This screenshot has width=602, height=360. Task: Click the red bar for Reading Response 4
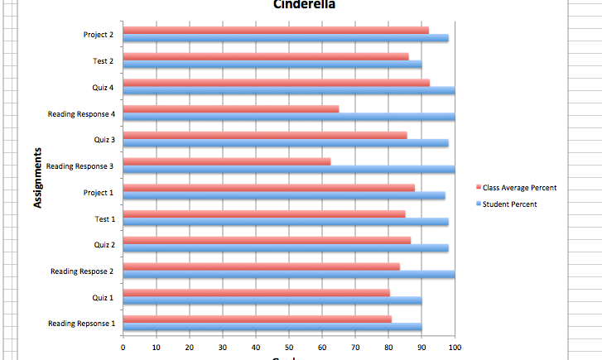click(x=230, y=108)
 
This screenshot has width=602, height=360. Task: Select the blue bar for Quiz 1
click(x=272, y=300)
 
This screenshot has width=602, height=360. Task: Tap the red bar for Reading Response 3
click(x=226, y=161)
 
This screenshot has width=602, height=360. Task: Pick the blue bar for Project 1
click(x=283, y=195)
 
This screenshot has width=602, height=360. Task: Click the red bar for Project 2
click(x=275, y=30)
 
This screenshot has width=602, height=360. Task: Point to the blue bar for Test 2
click(x=272, y=65)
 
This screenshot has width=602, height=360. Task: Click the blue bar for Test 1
click(x=285, y=222)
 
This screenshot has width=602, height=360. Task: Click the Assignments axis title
click(x=38, y=177)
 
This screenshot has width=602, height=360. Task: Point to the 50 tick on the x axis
click(x=289, y=348)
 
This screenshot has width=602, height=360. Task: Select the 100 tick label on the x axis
click(x=455, y=348)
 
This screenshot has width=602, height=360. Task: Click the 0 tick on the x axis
click(x=123, y=348)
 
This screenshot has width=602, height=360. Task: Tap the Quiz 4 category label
click(x=104, y=87)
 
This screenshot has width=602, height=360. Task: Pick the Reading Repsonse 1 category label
click(x=81, y=323)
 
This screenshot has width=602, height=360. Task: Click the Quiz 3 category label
click(x=104, y=139)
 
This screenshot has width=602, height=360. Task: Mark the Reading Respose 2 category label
click(x=82, y=271)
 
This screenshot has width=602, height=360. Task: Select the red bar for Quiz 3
click(x=264, y=135)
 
